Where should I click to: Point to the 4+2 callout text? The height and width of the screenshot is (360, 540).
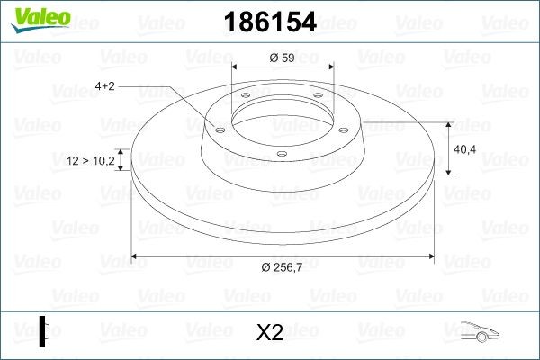tap(105, 86)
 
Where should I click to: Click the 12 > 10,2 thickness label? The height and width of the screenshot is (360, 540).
tap(91, 160)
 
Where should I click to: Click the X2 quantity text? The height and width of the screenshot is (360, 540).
tap(270, 332)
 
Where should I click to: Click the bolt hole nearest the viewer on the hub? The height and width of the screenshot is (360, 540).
tap(281, 154)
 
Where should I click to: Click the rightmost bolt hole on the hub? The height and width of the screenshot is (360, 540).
tap(343, 129)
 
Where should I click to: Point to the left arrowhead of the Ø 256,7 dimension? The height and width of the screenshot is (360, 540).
tap(135, 256)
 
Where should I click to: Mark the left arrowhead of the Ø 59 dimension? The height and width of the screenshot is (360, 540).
tap(236, 67)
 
